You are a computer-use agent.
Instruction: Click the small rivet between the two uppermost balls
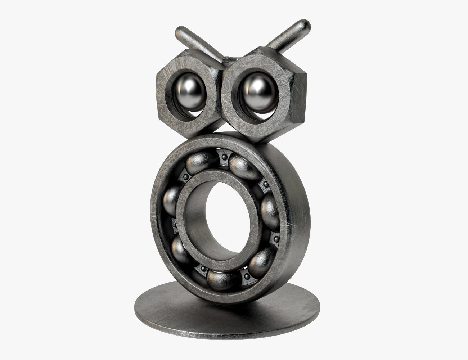pos(224,157)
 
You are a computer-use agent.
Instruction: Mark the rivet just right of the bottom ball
pos(247,276)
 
